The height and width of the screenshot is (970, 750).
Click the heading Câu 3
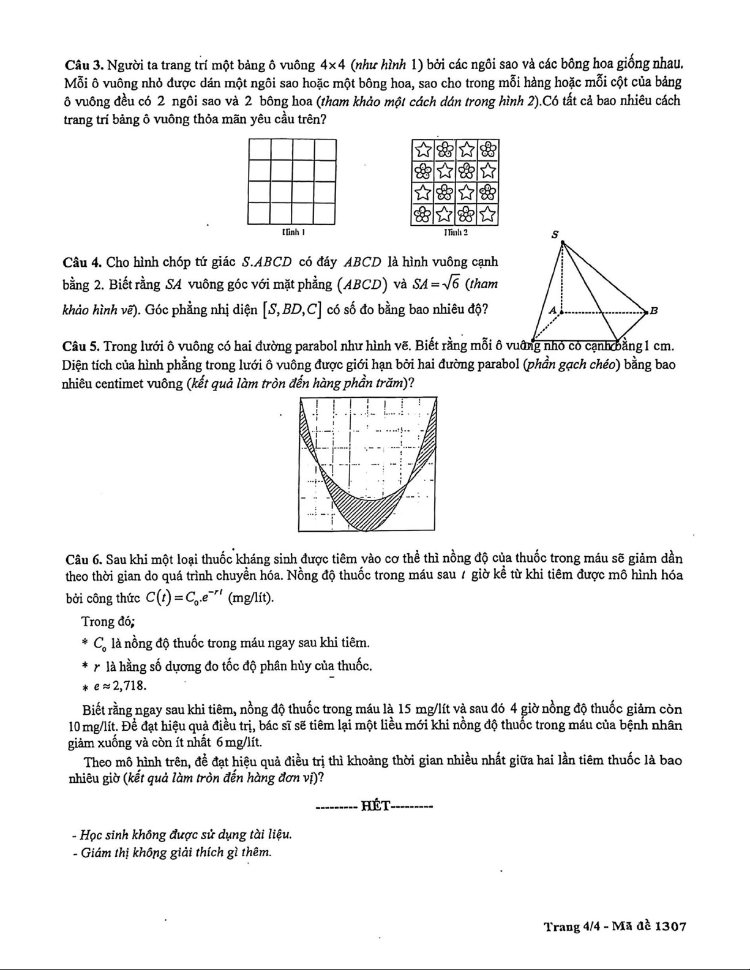click(x=81, y=64)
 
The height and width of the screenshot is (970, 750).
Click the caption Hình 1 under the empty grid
click(x=293, y=233)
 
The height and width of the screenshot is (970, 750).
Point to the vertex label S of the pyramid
click(x=555, y=234)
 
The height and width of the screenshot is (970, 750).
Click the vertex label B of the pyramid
click(x=653, y=311)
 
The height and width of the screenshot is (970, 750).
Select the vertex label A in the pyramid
click(x=552, y=310)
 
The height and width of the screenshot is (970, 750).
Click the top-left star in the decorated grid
click(x=423, y=149)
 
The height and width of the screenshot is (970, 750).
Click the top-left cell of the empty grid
click(x=260, y=150)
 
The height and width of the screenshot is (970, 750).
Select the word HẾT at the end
click(x=375, y=806)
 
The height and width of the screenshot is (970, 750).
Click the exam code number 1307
click(x=670, y=927)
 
